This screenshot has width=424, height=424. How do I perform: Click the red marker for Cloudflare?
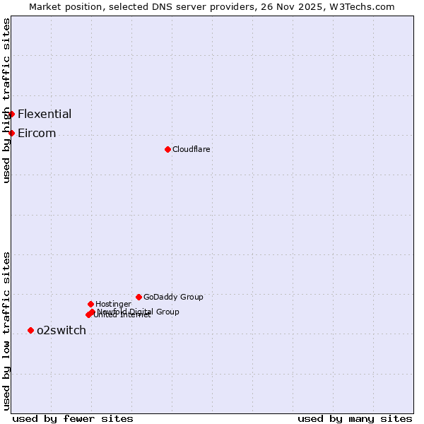pyautogui.click(x=167, y=149)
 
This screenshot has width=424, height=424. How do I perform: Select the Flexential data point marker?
pyautogui.click(x=11, y=114)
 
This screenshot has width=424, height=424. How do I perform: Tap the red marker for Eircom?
pyautogui.click(x=11, y=133)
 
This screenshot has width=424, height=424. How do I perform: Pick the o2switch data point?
pyautogui.click(x=30, y=330)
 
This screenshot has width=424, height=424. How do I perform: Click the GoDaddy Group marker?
pyautogui.click(x=139, y=297)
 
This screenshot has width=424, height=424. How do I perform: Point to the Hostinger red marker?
pyautogui.click(x=90, y=304)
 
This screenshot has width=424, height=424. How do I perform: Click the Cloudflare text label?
pyautogui.click(x=191, y=149)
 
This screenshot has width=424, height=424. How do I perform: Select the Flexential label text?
pyautogui.click(x=45, y=114)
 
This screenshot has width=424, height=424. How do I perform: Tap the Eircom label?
pyautogui.click(x=37, y=133)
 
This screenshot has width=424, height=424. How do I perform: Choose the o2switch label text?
pyautogui.click(x=61, y=330)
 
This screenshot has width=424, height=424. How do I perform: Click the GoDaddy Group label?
pyautogui.click(x=173, y=297)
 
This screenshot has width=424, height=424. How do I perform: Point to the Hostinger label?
pyautogui.click(x=113, y=304)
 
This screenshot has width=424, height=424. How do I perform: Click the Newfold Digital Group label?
pyautogui.click(x=139, y=311)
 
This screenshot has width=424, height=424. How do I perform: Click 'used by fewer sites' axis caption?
pyautogui.click(x=73, y=418)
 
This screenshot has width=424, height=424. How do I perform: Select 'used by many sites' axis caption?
pyautogui.click(x=355, y=418)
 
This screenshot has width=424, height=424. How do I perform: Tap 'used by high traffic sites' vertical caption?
pyautogui.click(x=7, y=100)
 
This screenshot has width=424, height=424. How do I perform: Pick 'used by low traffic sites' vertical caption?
pyautogui.click(x=7, y=330)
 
